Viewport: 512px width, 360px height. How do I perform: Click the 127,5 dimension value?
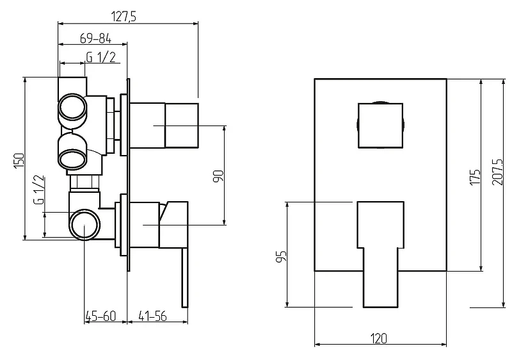124,16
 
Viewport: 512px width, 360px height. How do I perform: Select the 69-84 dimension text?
95,39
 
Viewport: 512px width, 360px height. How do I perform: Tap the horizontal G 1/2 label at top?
101,57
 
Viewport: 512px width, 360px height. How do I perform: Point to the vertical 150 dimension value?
19,160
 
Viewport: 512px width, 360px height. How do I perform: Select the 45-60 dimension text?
101,316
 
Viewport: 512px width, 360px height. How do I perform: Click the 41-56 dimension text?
152,316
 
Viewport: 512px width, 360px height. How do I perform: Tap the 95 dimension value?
281,256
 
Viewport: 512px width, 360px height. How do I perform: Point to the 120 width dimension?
379,338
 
